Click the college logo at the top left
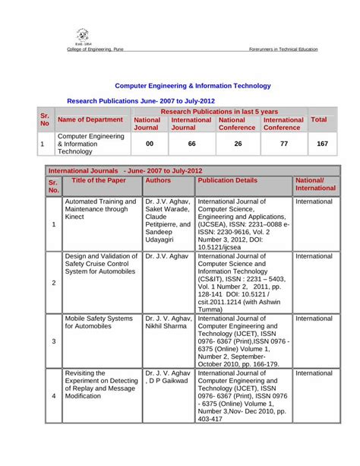[82, 36]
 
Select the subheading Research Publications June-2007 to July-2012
[141, 100]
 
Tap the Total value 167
[322, 143]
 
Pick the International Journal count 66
[191, 143]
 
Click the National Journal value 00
[149, 143]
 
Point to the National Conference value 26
[238, 143]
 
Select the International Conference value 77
[283, 143]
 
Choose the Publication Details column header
[227, 182]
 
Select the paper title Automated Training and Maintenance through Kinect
[100, 211]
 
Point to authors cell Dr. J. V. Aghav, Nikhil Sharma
[167, 322]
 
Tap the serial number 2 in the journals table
[53, 283]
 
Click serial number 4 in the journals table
[53, 396]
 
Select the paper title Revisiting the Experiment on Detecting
[99, 385]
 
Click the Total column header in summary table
[320, 120]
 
